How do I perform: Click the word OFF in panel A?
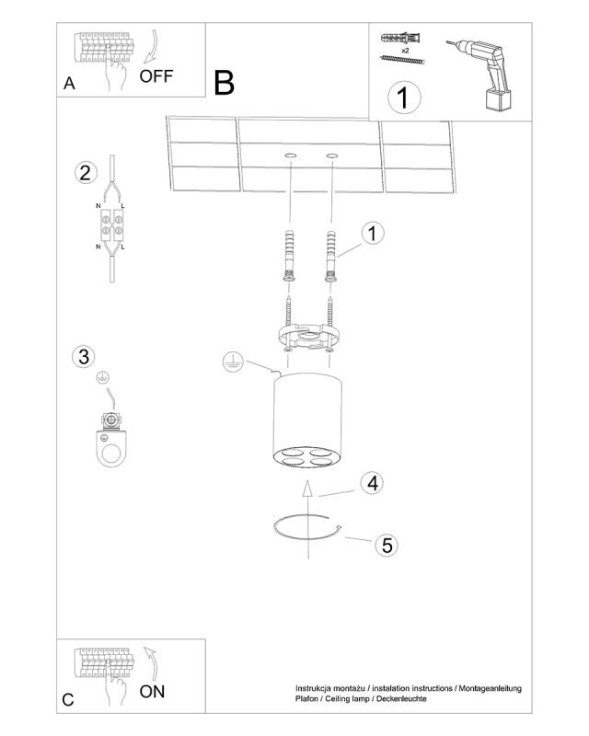coord(156,76)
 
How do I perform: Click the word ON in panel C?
coord(152,691)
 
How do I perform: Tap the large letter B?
coord(224,83)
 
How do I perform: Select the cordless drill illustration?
coord(481,75)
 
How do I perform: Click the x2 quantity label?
coord(405,50)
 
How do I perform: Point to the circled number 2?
coord(86,173)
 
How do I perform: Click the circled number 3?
coord(84,356)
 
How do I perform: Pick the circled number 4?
coord(373,482)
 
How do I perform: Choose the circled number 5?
coord(387,545)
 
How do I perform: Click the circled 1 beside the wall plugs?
coord(373,233)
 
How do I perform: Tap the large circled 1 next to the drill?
coord(404,98)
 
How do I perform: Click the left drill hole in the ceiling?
coord(291,155)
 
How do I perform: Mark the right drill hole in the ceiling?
coord(332,155)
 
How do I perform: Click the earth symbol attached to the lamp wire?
coord(233,362)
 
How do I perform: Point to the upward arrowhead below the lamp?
coord(306,489)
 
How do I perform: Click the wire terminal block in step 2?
coord(111,224)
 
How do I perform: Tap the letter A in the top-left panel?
coord(69,83)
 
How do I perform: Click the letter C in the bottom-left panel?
coord(68,699)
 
